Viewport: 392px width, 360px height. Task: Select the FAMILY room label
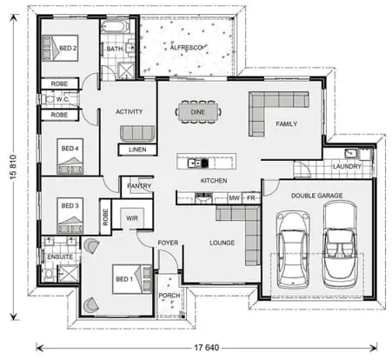(x=286, y=124)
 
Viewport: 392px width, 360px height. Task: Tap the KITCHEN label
(x=214, y=180)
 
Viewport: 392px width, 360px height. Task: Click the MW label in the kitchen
(x=233, y=198)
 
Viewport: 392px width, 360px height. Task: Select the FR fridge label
(x=249, y=198)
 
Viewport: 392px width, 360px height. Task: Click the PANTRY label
(x=139, y=185)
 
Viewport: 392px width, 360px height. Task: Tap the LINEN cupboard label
(x=137, y=150)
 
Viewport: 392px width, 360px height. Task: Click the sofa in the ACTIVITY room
(x=137, y=133)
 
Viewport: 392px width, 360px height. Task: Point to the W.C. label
(x=63, y=99)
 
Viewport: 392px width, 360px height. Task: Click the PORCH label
(x=169, y=295)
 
